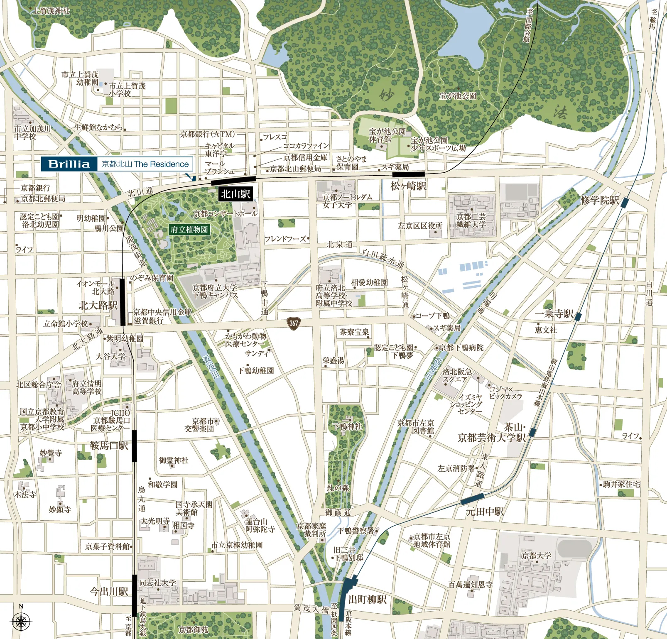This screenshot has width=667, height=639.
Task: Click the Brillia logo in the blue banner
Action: (x=69, y=164)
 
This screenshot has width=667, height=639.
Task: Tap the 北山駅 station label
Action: (x=235, y=194)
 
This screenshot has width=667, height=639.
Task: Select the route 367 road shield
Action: (x=294, y=323)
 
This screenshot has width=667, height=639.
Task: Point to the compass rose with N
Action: (x=21, y=622)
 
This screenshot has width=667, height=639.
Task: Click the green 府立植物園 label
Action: (x=189, y=230)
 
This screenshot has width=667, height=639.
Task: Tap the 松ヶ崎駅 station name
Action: (x=408, y=186)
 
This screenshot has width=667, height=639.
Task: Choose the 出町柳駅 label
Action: (x=367, y=600)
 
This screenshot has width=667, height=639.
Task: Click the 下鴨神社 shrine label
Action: (x=348, y=426)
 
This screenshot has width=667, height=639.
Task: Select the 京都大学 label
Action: (x=536, y=556)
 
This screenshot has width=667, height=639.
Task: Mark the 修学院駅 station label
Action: (x=599, y=201)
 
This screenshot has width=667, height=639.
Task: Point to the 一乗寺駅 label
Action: (x=554, y=314)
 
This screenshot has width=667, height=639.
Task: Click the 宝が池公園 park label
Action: (x=457, y=96)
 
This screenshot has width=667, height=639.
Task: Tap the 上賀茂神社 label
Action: (x=51, y=11)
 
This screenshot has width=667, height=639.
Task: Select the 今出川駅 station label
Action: (x=109, y=591)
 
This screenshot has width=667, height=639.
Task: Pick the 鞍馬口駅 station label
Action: (x=109, y=446)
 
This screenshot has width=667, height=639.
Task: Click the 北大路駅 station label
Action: (x=98, y=306)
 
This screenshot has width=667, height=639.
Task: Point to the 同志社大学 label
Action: (x=157, y=583)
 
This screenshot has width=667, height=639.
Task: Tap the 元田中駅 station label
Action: (x=485, y=512)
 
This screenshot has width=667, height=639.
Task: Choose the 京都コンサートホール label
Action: (x=225, y=213)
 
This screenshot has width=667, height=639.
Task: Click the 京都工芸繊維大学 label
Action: (x=471, y=220)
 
